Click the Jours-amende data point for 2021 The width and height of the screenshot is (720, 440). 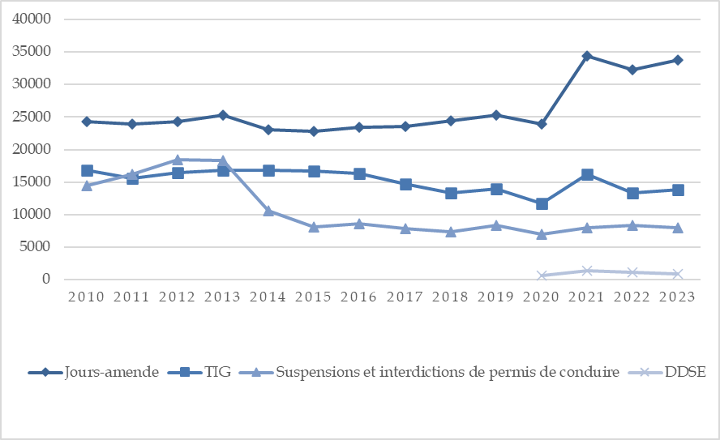pyautogui.click(x=587, y=56)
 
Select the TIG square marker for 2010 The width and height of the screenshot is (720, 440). pyautogui.click(x=87, y=170)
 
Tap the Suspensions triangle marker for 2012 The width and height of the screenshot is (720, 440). pyautogui.click(x=178, y=160)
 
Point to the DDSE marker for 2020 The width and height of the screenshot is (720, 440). pyautogui.click(x=542, y=276)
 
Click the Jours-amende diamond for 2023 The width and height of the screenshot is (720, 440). pyautogui.click(x=678, y=60)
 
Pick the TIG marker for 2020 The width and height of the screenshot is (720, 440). pyautogui.click(x=542, y=203)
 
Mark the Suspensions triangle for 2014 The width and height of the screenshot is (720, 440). pyautogui.click(x=268, y=211)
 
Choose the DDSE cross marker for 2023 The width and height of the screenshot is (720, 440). pyautogui.click(x=678, y=274)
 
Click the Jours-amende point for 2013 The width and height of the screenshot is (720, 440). pyautogui.click(x=223, y=115)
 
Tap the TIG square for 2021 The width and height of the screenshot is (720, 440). pyautogui.click(x=587, y=174)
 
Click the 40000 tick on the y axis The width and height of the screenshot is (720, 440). pyautogui.click(x=35, y=19)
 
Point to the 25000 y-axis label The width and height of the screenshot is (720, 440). pyautogui.click(x=35, y=117)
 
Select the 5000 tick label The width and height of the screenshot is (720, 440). pyautogui.click(x=39, y=247)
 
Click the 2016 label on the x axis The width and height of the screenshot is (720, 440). pyautogui.click(x=359, y=297)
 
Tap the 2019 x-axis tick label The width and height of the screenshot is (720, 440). pyautogui.click(x=495, y=297)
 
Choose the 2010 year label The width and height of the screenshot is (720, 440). pyautogui.click(x=87, y=297)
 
